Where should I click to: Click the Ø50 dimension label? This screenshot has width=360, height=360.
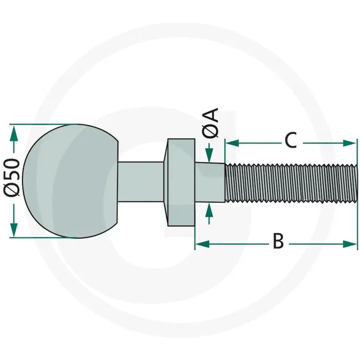point(11,178)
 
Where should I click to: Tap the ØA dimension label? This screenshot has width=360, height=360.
point(210,123)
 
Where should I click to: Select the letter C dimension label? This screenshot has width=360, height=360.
point(291,140)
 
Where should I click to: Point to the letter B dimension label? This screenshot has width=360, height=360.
point(279,241)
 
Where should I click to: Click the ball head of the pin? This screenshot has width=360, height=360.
point(70,181)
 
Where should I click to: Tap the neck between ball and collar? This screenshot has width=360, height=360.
point(141,182)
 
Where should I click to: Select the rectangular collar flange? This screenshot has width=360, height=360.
point(181,182)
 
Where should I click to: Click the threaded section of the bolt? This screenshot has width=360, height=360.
point(291,183)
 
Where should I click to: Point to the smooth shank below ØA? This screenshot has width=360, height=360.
point(210,183)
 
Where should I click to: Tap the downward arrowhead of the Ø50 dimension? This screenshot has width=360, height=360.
point(14,230)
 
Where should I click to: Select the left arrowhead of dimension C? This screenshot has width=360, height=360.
point(233,143)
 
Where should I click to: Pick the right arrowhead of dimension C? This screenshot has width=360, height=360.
point(350,143)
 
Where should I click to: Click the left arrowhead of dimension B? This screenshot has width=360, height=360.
point(202,244)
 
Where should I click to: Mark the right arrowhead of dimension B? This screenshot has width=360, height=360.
point(350,244)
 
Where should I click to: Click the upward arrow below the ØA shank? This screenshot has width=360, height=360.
point(209,213)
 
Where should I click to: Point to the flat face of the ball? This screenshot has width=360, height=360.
point(118,182)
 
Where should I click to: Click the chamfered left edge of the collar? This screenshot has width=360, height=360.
point(166,182)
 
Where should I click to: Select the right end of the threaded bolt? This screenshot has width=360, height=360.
point(357,183)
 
